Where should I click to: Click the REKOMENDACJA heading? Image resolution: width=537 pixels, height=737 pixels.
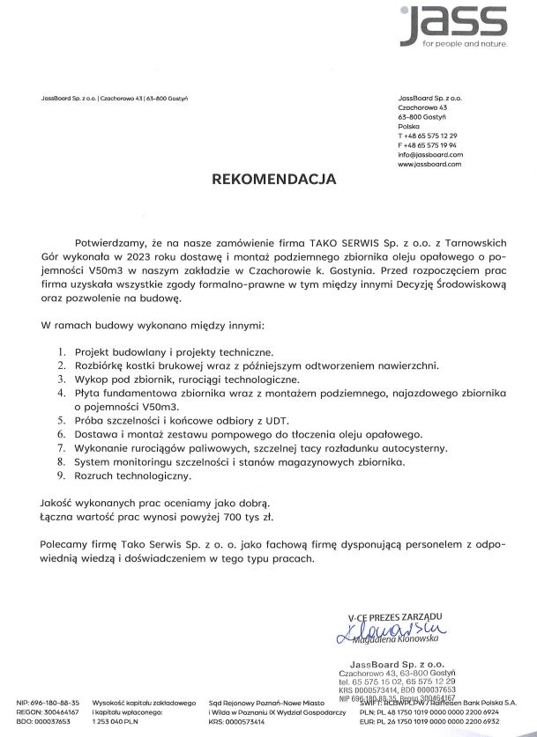pyautogui.click(x=273, y=179)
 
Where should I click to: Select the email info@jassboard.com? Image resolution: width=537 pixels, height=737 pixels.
pyautogui.click(x=430, y=154)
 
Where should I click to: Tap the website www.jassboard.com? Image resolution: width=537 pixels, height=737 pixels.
pyautogui.click(x=430, y=164)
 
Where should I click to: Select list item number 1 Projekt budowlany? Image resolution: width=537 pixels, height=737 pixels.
pyautogui.click(x=172, y=350)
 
